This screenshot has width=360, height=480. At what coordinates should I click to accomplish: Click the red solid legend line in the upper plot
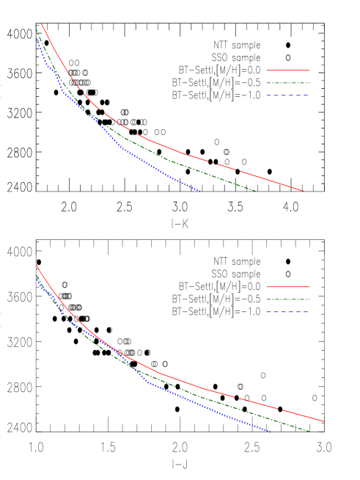point(287,70)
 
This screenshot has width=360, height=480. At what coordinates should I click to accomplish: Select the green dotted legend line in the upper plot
point(287,83)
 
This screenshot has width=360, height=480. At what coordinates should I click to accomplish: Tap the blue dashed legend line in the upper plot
point(287,95)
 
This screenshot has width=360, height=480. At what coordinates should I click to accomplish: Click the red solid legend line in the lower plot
point(287,286)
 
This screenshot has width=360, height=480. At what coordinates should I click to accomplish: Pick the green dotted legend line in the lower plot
point(287,299)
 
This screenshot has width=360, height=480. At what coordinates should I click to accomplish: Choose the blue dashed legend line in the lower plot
point(287,312)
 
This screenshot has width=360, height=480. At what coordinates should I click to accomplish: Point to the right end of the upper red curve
point(304,191)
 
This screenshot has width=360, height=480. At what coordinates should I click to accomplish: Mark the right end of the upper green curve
point(255,191)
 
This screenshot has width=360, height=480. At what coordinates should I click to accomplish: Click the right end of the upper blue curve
point(199,192)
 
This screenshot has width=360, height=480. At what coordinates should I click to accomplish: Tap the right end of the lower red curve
point(323,421)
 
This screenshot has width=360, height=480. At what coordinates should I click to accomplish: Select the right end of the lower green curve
point(309,432)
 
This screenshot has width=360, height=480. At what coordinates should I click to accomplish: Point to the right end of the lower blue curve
point(271,432)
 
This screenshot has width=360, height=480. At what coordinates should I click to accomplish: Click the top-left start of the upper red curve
point(42,24)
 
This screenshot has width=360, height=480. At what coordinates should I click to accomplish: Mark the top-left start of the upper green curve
point(37,29)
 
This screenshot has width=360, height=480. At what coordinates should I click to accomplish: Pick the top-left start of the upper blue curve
point(37,37)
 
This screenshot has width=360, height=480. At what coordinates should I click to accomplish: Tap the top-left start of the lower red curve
point(37,265)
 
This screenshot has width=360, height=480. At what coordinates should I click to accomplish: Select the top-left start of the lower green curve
point(37,276)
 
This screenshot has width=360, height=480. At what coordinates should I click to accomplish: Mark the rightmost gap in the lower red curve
point(280,409)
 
